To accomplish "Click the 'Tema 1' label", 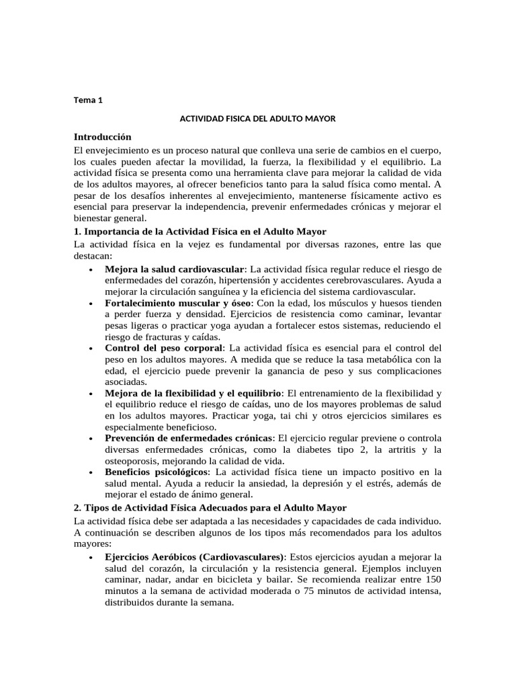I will click(x=88, y=101).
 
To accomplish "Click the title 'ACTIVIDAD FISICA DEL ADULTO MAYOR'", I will click(x=257, y=118).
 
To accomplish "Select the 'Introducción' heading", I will click(x=102, y=136).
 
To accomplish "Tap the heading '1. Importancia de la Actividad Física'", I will click(x=200, y=231).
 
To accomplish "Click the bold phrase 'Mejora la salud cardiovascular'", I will click(x=174, y=269).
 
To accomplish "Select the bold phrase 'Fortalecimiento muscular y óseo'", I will click(x=178, y=303).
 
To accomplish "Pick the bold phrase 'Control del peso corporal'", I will click(x=163, y=348).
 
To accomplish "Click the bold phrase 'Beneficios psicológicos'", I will click(x=157, y=472).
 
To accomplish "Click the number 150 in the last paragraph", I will click(x=434, y=579).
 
